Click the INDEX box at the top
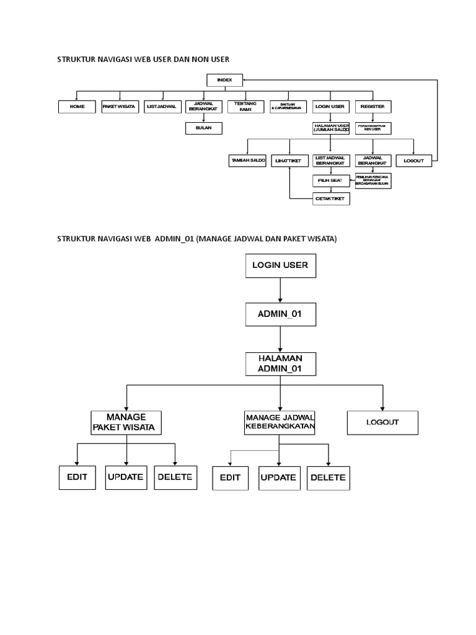(x=224, y=80)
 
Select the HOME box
(x=77, y=107)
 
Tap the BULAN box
(x=203, y=128)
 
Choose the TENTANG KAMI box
(x=245, y=107)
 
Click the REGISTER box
(x=372, y=107)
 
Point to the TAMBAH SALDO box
(x=247, y=161)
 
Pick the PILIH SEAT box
(x=330, y=180)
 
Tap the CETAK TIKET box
(x=330, y=198)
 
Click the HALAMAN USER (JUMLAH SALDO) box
(x=330, y=128)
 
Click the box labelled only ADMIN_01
(x=280, y=314)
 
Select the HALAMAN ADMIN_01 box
(x=280, y=363)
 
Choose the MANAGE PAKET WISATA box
(x=126, y=422)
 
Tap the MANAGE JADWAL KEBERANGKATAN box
(x=280, y=422)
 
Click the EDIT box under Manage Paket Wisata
(x=77, y=477)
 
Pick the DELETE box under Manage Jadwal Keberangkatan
(x=328, y=478)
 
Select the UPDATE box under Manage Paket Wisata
(x=126, y=477)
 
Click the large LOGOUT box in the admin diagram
(x=382, y=422)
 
